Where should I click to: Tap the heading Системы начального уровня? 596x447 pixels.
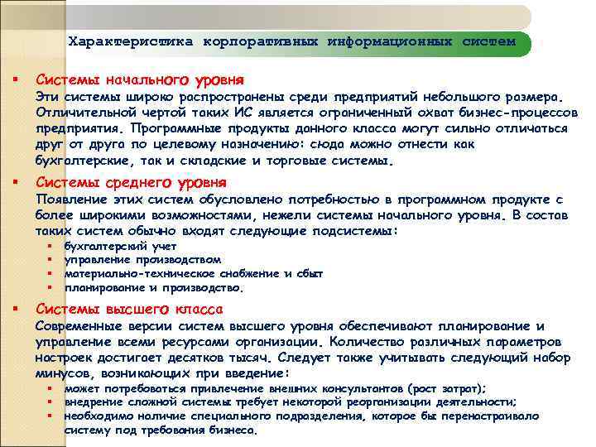pyautogui.click(x=139, y=80)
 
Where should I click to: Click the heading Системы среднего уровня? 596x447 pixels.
pyautogui.click(x=132, y=182)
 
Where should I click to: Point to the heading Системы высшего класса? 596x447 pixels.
pyautogui.click(x=129, y=310)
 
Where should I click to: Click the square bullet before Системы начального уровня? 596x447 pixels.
pyautogui.click(x=15, y=80)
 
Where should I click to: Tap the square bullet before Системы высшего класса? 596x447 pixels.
pyautogui.click(x=15, y=310)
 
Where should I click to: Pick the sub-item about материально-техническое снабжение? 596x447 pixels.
pyautogui.click(x=193, y=273)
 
